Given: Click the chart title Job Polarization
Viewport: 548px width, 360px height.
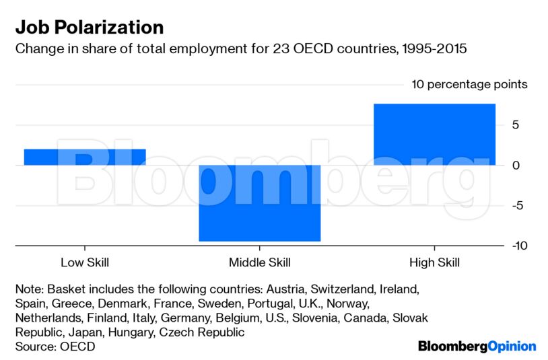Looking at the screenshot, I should pos(90,28).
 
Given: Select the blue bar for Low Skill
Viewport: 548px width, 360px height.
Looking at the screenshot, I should pos(85,157).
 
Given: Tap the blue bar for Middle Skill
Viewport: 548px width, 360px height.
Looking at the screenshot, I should pos(260,203).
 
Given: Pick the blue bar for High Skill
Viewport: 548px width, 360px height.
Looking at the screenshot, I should pos(434,135).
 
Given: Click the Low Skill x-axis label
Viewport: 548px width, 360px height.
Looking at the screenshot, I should pos(85,262).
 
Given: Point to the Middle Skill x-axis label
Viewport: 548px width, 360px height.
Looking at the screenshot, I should pos(260,262).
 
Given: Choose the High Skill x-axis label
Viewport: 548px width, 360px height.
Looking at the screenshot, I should pos(434,262).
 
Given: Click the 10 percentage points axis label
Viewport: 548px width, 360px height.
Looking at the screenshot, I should pos(469,85).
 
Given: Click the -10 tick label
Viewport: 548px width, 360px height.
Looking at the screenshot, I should pos(518,246).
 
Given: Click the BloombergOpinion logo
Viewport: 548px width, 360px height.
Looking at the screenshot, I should pos(477,347).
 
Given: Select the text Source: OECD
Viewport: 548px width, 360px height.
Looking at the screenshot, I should pos(55,347).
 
